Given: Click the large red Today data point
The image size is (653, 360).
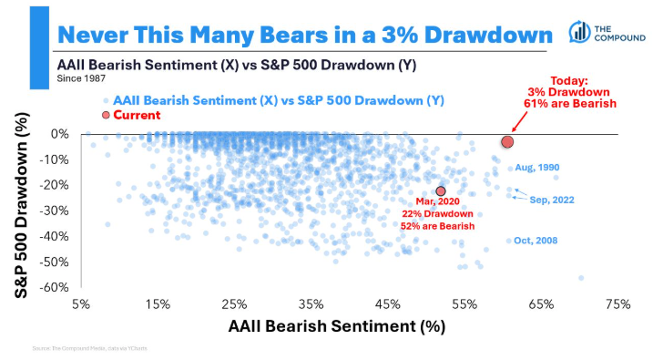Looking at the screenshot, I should [x=507, y=141].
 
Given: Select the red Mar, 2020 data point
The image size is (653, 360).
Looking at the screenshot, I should [x=441, y=191].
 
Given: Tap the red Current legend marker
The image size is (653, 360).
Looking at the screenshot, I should [x=106, y=115].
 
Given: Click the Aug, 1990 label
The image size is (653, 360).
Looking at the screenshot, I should [x=536, y=168].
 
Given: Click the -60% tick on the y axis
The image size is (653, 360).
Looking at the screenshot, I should [x=55, y=287].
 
